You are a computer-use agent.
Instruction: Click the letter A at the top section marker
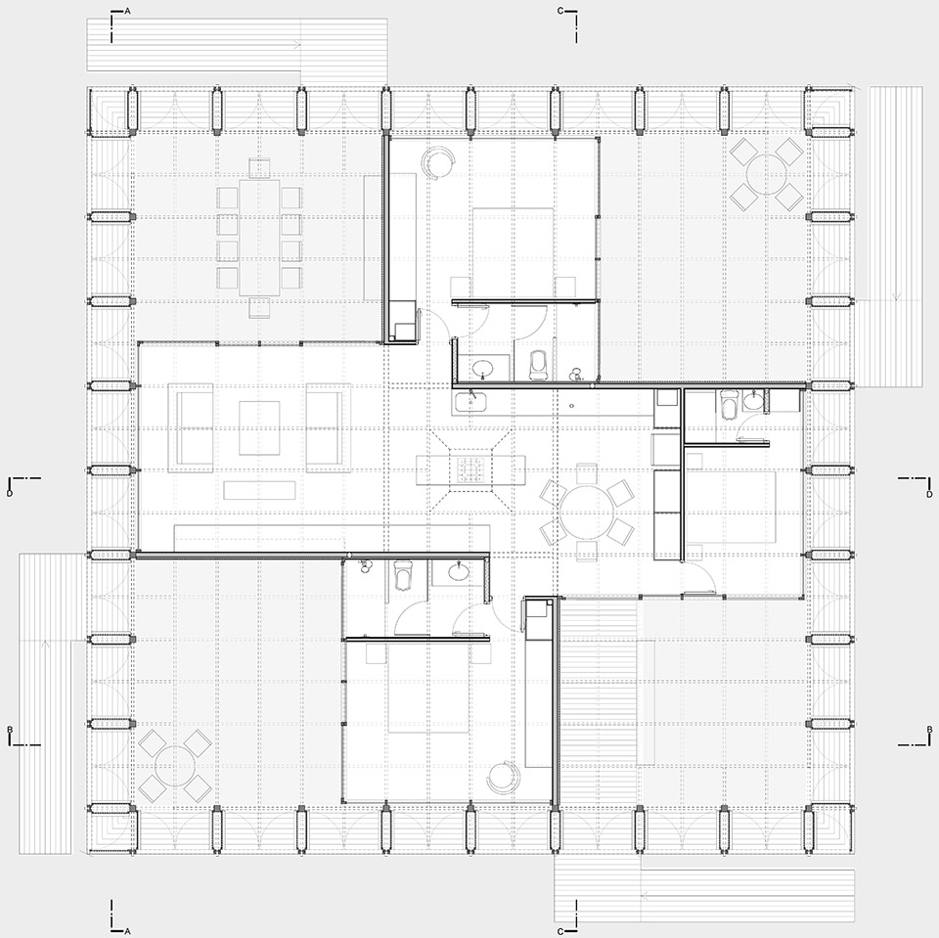click(x=127, y=12)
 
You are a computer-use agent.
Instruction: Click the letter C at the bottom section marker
click(x=559, y=929)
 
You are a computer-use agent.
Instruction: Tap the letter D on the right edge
click(x=929, y=495)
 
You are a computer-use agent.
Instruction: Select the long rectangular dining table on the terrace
click(x=258, y=238)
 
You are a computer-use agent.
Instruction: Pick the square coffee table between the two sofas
click(x=259, y=427)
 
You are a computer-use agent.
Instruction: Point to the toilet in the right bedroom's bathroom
click(x=729, y=402)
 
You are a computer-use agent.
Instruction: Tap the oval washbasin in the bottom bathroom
click(x=455, y=572)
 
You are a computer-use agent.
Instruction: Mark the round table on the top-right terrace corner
click(x=766, y=175)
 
